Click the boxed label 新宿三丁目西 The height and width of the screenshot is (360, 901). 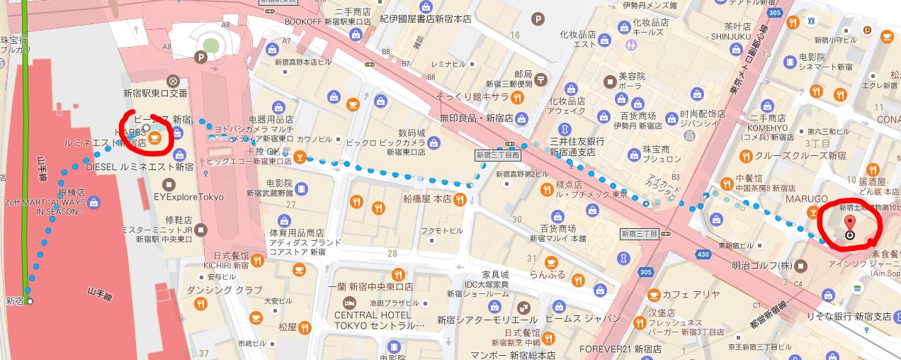[498, 153]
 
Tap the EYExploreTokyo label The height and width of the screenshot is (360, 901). [188, 197]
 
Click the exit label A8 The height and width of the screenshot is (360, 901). [225, 26]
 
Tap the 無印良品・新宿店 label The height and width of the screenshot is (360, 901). [476, 118]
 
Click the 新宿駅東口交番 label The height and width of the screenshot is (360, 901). [155, 93]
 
